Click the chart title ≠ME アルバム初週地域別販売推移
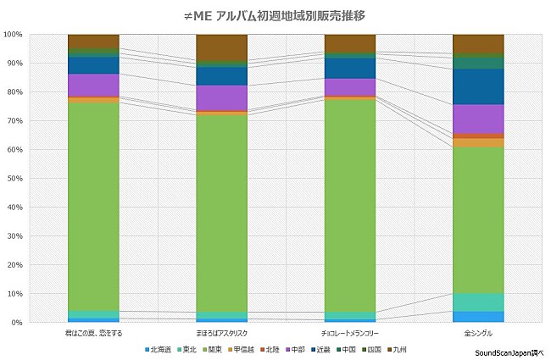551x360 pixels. [x=275, y=15]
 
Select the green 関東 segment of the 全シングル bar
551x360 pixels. [x=478, y=220]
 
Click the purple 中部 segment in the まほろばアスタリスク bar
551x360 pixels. [x=221, y=97]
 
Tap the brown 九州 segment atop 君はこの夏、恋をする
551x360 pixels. [x=93, y=42]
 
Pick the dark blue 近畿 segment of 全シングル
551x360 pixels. [x=478, y=86]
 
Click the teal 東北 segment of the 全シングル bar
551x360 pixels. [x=478, y=302]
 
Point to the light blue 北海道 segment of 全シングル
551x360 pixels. [x=478, y=317]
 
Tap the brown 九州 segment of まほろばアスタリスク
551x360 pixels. [x=221, y=47]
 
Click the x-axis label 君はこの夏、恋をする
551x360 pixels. [x=93, y=333]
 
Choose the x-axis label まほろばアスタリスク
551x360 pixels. [x=221, y=333]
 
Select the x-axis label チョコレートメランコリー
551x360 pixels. [x=350, y=333]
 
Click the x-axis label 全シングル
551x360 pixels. [x=478, y=333]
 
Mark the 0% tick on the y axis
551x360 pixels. [x=17, y=323]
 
